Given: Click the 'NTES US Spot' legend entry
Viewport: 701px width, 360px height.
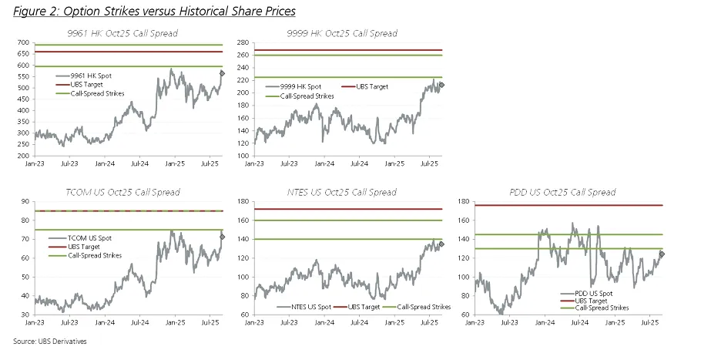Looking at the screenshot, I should click(x=308, y=307).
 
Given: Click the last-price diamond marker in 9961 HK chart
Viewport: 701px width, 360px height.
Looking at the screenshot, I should click(x=223, y=73).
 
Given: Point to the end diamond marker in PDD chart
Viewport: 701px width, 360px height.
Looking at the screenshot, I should click(x=662, y=254).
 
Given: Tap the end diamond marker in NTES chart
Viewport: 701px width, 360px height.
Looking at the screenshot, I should click(x=441, y=244).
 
